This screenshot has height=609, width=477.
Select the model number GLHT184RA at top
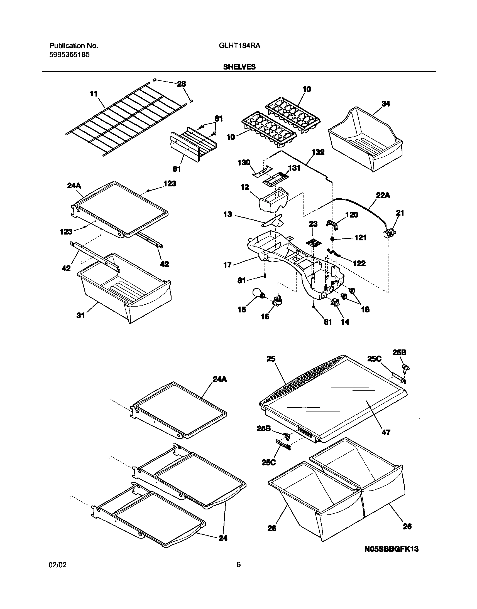240,46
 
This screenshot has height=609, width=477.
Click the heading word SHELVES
239,67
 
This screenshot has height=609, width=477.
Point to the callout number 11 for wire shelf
94,94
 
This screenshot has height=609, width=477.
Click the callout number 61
177,169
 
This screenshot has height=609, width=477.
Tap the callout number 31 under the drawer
80,315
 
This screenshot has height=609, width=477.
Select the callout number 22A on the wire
383,195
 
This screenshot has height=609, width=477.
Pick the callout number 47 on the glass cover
386,432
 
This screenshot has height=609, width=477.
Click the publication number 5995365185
70,55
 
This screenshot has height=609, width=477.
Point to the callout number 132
318,152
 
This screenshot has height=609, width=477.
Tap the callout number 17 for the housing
228,265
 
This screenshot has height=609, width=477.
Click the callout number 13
228,214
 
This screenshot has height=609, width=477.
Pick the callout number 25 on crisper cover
271,359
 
